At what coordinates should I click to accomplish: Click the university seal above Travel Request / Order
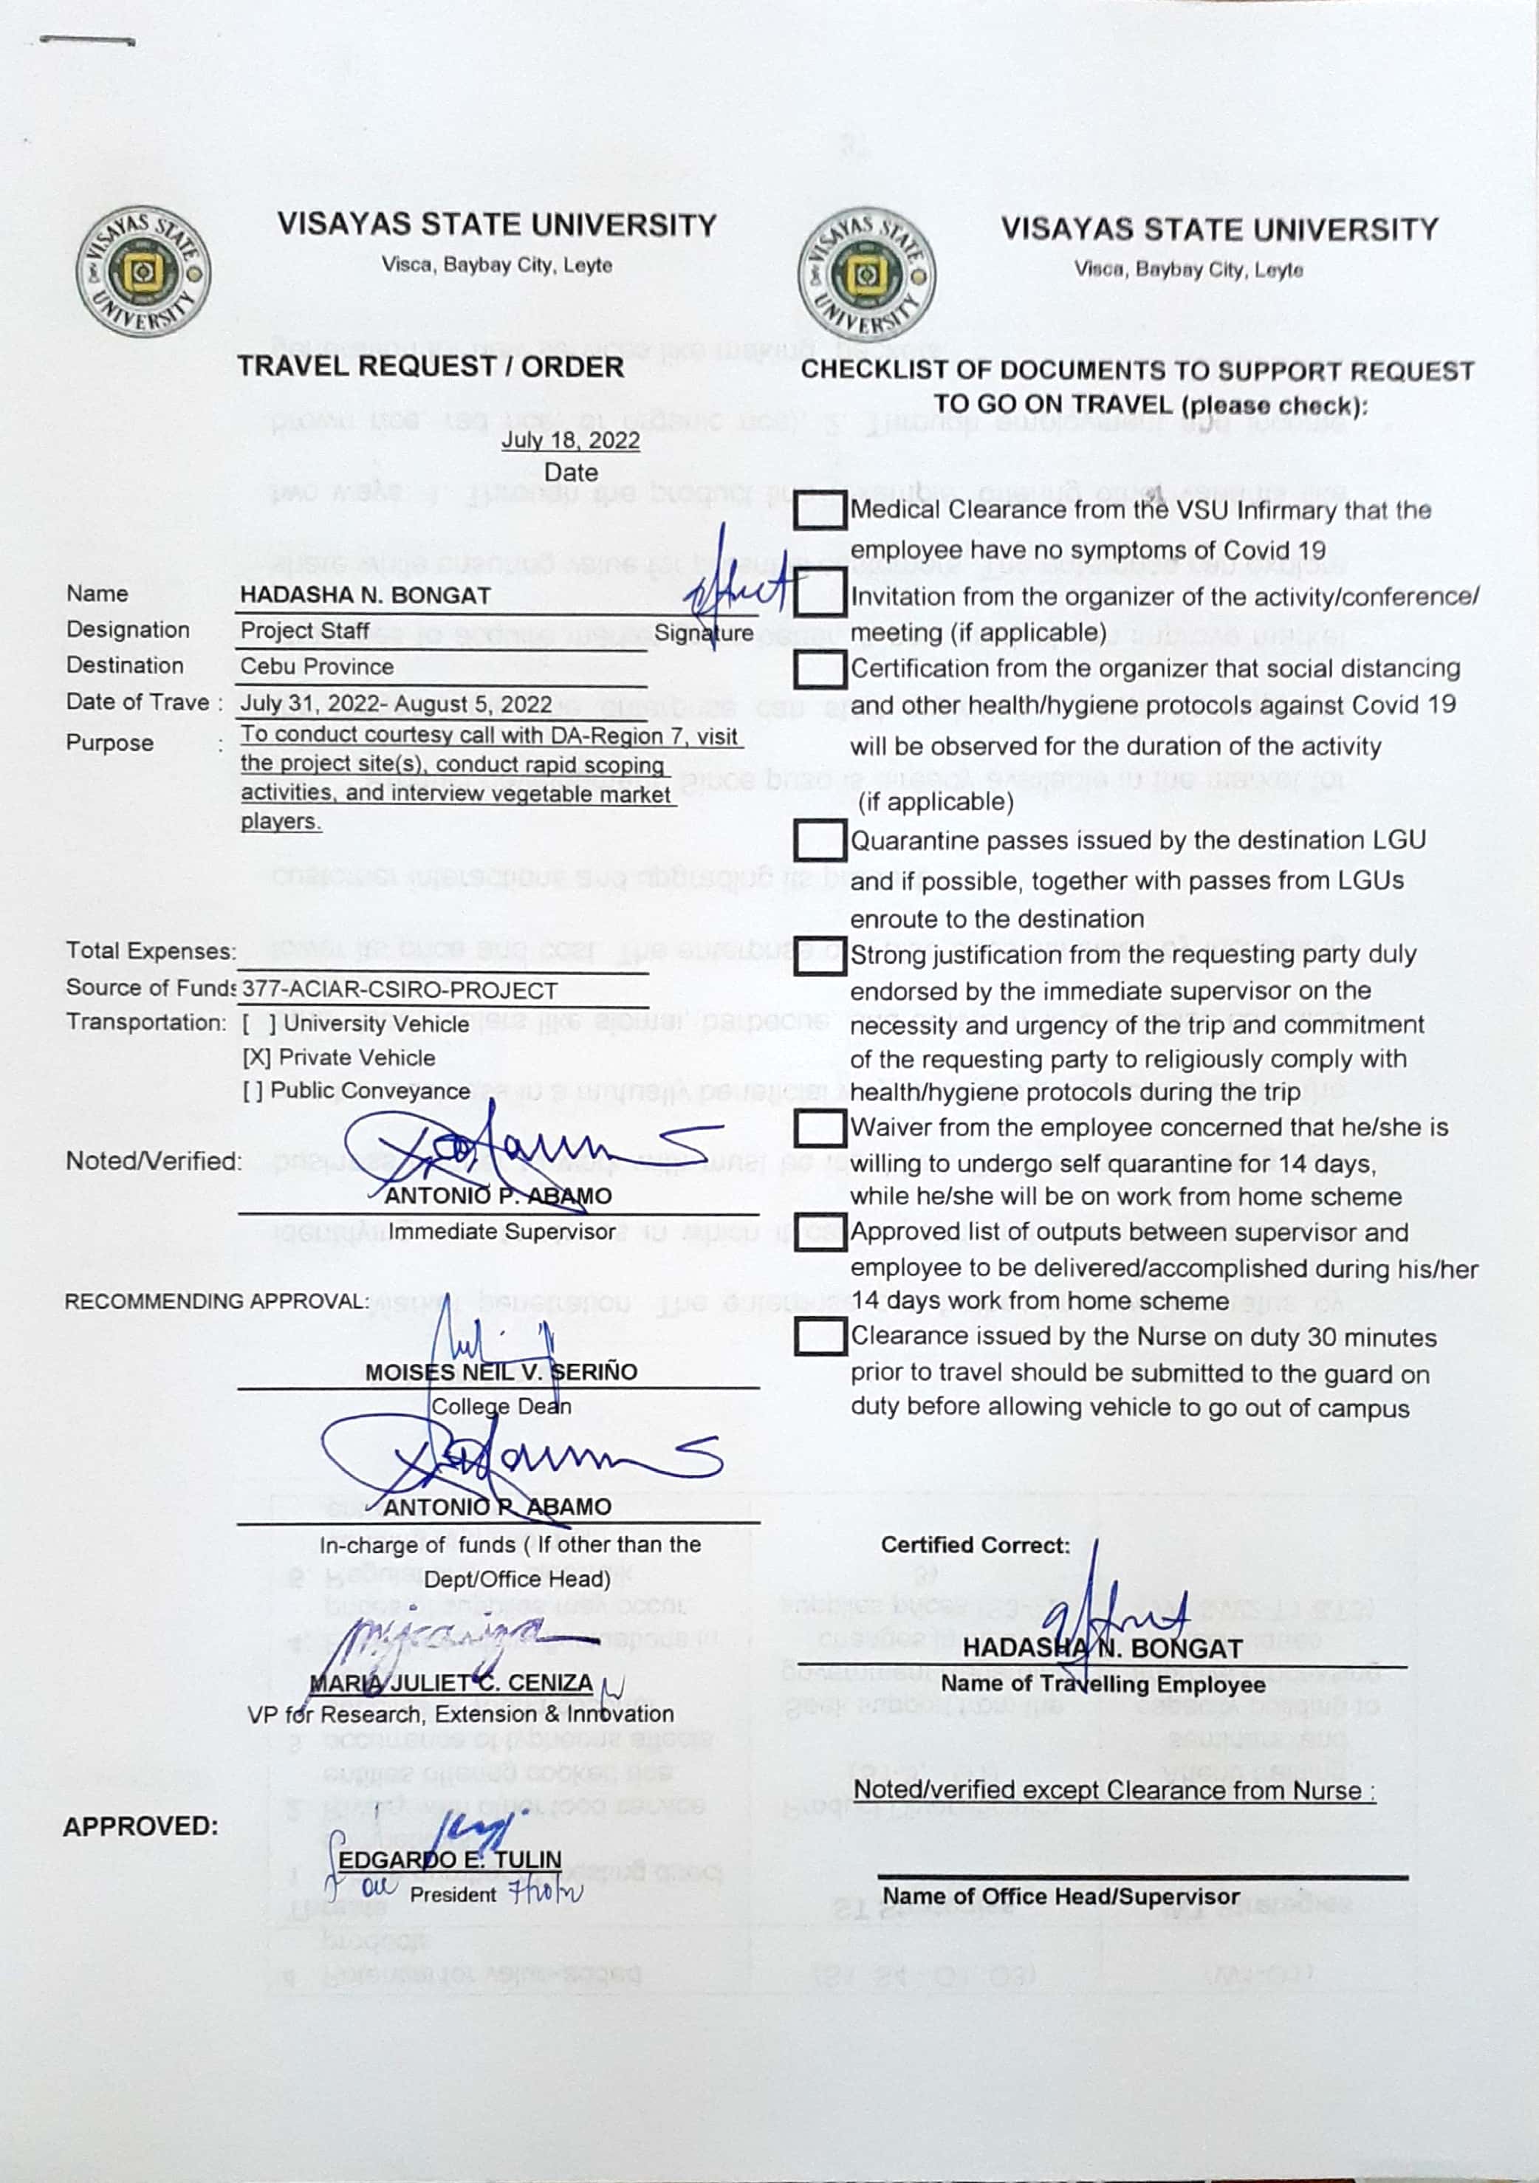click(143, 271)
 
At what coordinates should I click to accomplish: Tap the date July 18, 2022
click(570, 440)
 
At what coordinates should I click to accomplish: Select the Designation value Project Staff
click(304, 631)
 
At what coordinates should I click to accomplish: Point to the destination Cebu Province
click(317, 667)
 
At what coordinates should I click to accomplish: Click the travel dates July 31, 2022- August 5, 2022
click(395, 705)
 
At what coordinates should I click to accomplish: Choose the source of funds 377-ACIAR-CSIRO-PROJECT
click(400, 990)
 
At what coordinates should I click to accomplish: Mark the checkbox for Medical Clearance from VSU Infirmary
click(820, 510)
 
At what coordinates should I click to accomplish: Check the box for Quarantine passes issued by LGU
click(820, 840)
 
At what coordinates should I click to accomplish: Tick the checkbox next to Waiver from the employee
click(820, 1128)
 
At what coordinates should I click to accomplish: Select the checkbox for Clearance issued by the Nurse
click(820, 1336)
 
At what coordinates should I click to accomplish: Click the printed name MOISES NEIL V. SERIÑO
click(501, 1372)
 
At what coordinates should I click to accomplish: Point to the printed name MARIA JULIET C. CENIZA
click(451, 1683)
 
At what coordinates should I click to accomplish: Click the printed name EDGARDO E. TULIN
click(450, 1860)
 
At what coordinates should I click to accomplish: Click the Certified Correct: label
click(974, 1545)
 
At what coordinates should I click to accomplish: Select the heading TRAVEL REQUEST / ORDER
click(431, 367)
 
